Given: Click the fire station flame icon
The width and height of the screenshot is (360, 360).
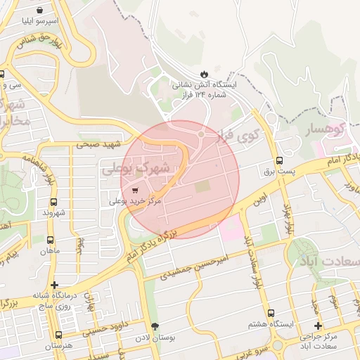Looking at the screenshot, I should pyautogui.click(x=204, y=73).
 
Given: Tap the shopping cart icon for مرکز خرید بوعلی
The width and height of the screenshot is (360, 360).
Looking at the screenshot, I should pyautogui.click(x=134, y=189).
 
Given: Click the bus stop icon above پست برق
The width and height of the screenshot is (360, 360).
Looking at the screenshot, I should pyautogui.click(x=280, y=160).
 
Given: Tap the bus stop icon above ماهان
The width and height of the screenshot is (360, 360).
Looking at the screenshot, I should pyautogui.click(x=50, y=239).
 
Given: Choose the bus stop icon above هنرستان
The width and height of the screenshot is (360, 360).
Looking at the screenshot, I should pyautogui.click(x=58, y=335).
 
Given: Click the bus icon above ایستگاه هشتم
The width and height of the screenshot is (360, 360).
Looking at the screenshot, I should pyautogui.click(x=270, y=314).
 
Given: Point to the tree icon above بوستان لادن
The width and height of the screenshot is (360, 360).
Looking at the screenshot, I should pyautogui.click(x=155, y=327).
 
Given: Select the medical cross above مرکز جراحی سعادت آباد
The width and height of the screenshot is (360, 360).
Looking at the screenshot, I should pyautogui.click(x=318, y=326).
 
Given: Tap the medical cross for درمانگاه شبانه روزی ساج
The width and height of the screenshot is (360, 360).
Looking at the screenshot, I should pyautogui.click(x=55, y=285).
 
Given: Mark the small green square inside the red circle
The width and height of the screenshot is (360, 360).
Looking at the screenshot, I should pyautogui.click(x=202, y=186).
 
